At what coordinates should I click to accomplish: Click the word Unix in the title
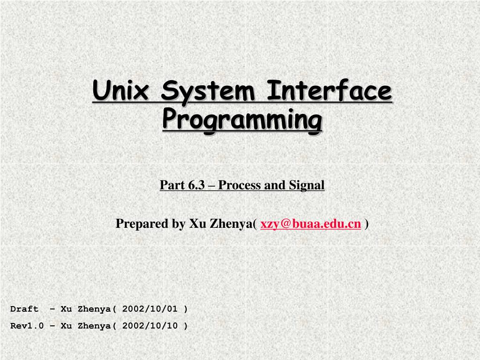pos(120,90)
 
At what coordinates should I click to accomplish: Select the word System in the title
pos(208,91)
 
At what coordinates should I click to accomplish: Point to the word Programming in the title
pos(242,120)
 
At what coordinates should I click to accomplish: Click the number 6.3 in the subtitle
pos(196,185)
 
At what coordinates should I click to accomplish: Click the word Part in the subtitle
pos(172,185)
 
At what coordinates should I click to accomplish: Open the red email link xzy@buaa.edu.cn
pos(311,224)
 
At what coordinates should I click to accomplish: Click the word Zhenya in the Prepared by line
pos(232,224)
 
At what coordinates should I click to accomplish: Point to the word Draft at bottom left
pos(24,308)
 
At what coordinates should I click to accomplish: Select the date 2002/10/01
pos(150,308)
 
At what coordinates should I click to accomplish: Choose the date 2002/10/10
pos(150,325)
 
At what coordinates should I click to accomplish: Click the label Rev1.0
pos(27,325)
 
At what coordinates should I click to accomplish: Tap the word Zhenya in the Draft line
pos(94,308)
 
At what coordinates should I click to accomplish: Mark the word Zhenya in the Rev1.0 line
pos(94,325)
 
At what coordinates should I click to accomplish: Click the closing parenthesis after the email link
pos(367,224)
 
